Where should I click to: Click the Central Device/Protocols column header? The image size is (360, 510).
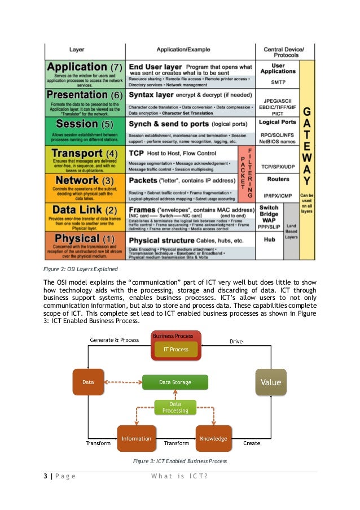click(283, 52)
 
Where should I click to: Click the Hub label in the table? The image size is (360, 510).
click(269, 239)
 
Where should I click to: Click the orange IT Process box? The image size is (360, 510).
click(176, 350)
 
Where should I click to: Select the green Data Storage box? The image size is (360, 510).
click(175, 382)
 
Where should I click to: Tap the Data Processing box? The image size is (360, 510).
click(175, 407)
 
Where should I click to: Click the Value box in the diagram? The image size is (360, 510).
click(271, 382)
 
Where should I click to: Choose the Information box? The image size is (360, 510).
click(136, 438)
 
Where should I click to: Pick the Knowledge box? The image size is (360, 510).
click(213, 438)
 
